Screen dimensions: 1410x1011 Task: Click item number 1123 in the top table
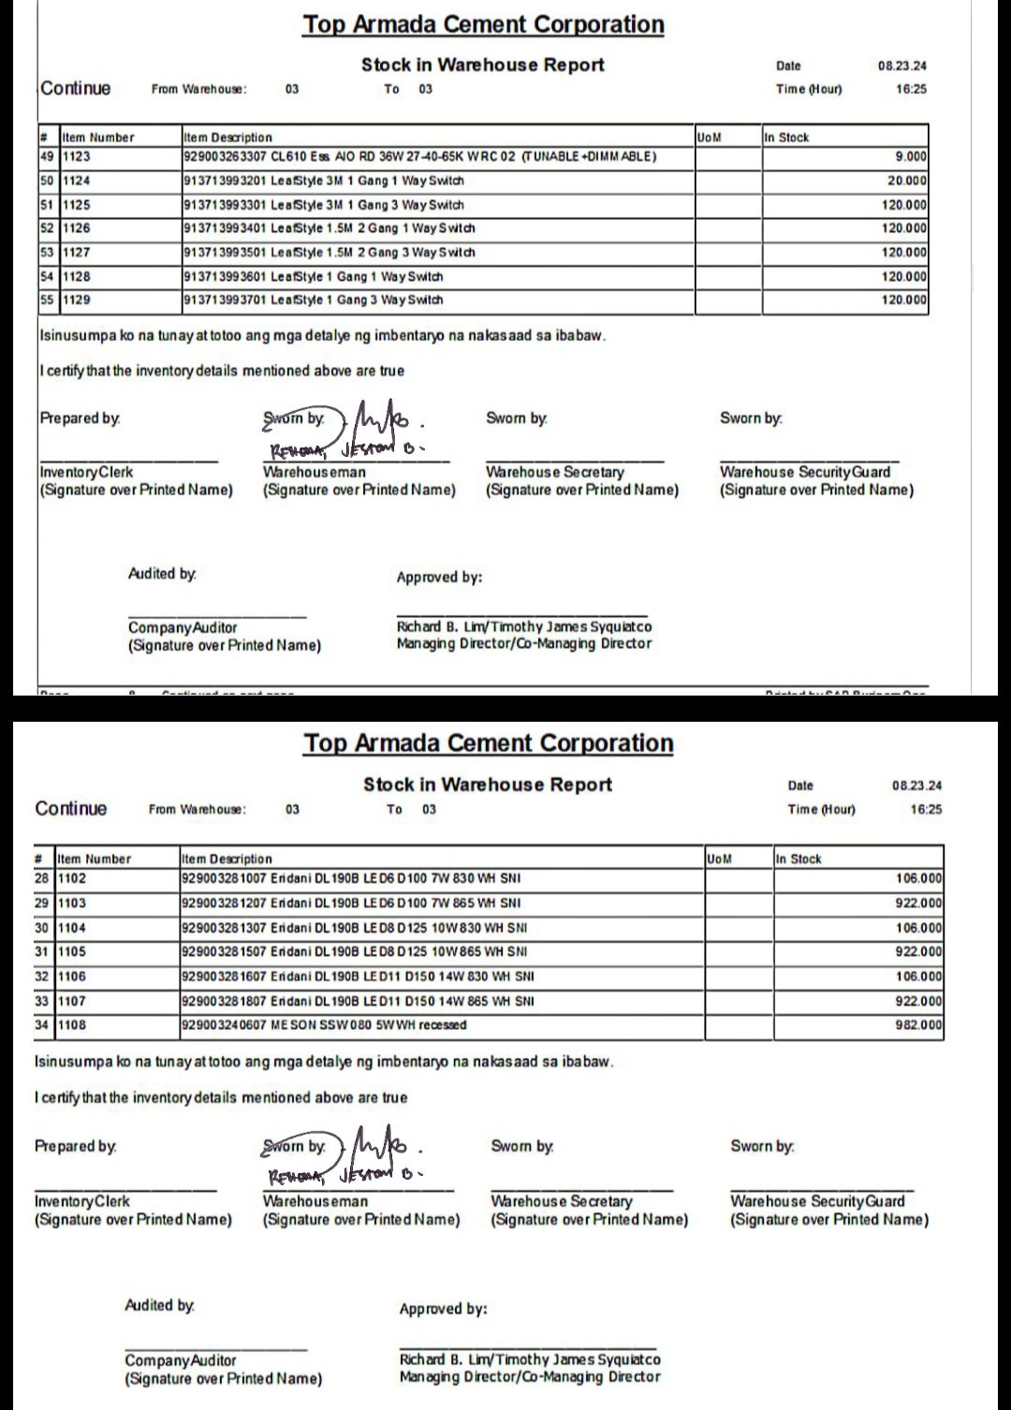coord(77,156)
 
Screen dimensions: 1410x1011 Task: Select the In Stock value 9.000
coord(910,156)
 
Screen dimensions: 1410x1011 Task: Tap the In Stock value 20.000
coord(906,181)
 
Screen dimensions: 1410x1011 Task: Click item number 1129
coord(77,300)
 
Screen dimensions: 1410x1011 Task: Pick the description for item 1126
coord(330,228)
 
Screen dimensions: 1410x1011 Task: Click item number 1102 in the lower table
coord(72,878)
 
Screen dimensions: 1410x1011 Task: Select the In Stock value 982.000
coord(918,1025)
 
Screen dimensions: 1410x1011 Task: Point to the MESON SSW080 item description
coord(324,1025)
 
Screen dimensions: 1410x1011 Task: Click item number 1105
coord(72,951)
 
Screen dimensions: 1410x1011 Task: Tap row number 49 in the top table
coord(48,156)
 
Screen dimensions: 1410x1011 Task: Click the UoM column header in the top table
coord(710,137)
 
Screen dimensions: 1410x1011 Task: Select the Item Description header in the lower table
coord(227,859)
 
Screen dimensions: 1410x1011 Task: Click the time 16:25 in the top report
coord(910,89)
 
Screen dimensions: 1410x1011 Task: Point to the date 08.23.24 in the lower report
coord(916,786)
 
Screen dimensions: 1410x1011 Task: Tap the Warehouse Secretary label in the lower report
coord(561,1201)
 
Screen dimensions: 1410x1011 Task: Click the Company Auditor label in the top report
coord(183,627)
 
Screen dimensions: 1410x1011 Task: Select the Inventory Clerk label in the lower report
coord(82,1201)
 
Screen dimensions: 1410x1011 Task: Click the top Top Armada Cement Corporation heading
coord(483,24)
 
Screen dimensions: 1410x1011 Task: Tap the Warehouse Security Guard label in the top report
coord(804,473)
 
